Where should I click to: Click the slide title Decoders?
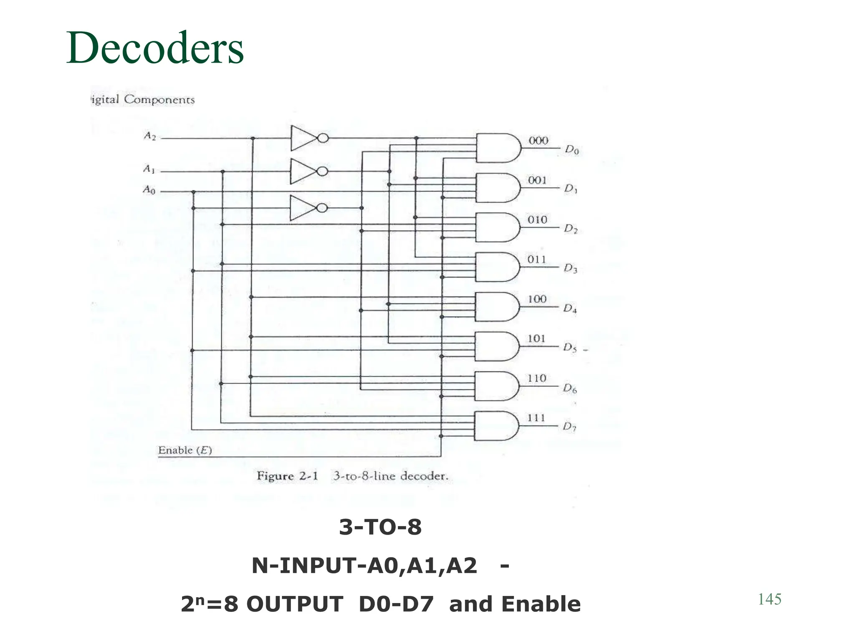[x=155, y=48]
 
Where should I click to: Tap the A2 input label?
[x=149, y=136]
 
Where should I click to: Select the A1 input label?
[x=149, y=169]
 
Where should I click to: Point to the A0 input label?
[x=149, y=190]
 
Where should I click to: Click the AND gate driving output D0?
[x=498, y=148]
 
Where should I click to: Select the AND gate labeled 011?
[x=497, y=267]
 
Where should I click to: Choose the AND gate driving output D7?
[x=496, y=426]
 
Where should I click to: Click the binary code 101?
[x=536, y=338]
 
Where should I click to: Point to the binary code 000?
[x=538, y=141]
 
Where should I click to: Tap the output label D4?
[x=570, y=309]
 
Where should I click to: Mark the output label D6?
[x=570, y=389]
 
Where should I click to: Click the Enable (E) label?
[x=185, y=450]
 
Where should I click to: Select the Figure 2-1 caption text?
[x=352, y=476]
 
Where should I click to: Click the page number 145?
[x=769, y=599]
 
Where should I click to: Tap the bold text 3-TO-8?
[x=380, y=527]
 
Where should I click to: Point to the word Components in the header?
[x=159, y=100]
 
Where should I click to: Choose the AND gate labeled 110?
[x=496, y=386]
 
